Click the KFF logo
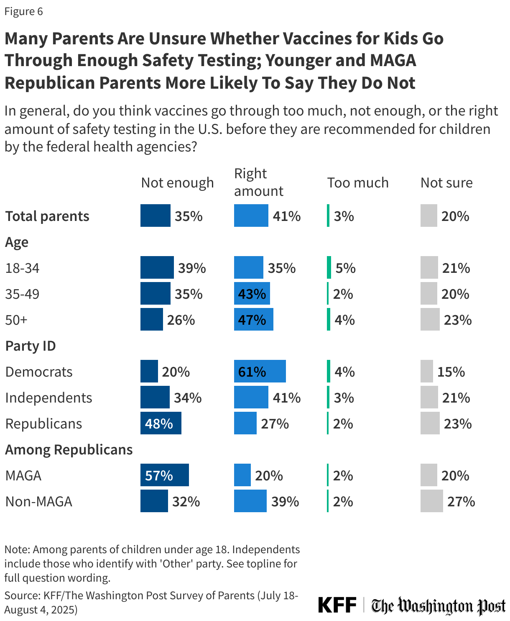[x=337, y=605]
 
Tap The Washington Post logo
[x=439, y=606]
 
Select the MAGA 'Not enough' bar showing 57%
[x=164, y=475]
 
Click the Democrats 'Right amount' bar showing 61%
[x=260, y=371]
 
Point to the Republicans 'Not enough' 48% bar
[x=161, y=423]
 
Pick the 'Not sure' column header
[x=446, y=182]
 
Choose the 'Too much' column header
[x=357, y=182]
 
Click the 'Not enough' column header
[x=177, y=182]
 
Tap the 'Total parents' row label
[x=47, y=216]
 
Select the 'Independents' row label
[x=48, y=398]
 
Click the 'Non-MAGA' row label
[x=38, y=501]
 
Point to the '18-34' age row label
[x=22, y=268]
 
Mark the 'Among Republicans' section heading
[x=69, y=449]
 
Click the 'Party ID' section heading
[x=30, y=346]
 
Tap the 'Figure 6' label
[x=23, y=11]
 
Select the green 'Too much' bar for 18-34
[x=329, y=267]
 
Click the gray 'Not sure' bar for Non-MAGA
[x=431, y=501]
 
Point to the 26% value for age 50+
[x=181, y=320]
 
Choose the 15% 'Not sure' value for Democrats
[x=451, y=372]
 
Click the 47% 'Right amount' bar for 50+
[x=253, y=319]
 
